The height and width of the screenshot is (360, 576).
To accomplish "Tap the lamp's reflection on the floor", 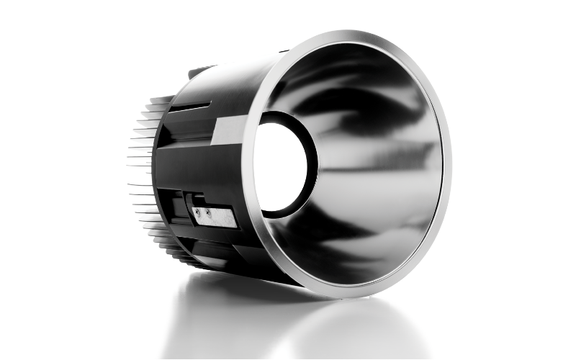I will (x=302, y=324).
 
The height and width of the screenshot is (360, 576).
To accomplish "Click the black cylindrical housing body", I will (x=209, y=158).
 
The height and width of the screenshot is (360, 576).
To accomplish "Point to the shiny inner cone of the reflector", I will (x=374, y=166).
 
